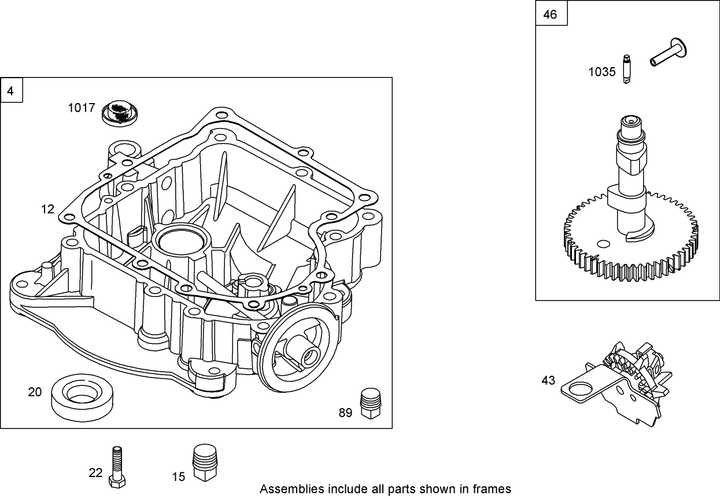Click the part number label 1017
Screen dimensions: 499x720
click(x=81, y=107)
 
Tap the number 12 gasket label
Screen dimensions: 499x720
click(x=47, y=209)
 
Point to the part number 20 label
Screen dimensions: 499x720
click(x=35, y=392)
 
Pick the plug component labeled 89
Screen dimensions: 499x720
click(x=370, y=403)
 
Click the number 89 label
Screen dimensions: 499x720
click(x=345, y=413)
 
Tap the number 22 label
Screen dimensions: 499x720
click(x=95, y=473)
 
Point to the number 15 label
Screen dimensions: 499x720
click(x=179, y=476)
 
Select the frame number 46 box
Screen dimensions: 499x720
click(x=551, y=14)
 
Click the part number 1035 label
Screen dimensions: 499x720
click(x=602, y=72)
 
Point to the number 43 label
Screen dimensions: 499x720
click(x=548, y=380)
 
